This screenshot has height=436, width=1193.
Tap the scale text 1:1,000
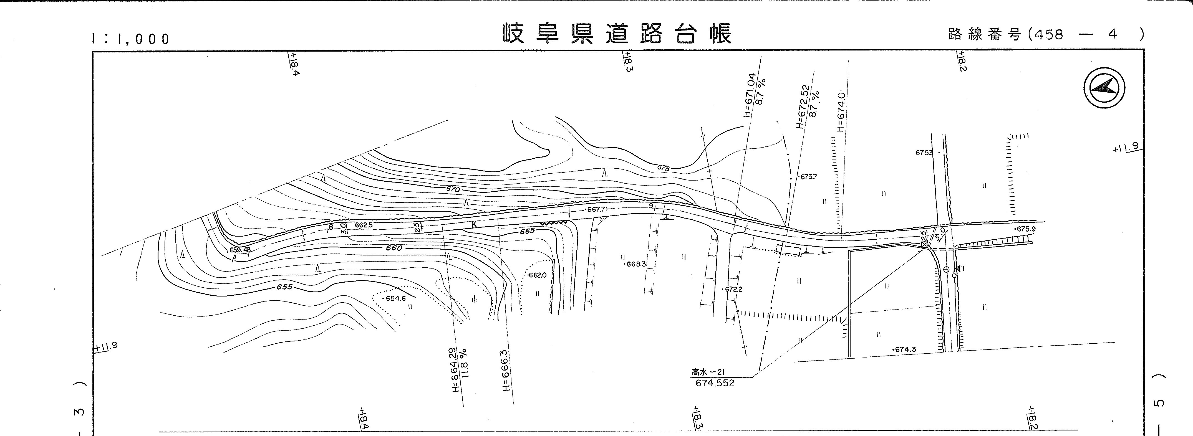[131, 39]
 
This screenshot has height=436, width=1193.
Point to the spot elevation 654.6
[395, 298]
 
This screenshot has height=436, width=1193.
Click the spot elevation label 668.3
[635, 264]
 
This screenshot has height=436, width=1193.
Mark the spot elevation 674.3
[904, 349]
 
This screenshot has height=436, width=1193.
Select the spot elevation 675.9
[1025, 229]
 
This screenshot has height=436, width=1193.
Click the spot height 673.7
[808, 177]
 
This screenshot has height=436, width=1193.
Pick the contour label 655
[284, 287]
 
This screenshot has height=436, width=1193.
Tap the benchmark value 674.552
[715, 383]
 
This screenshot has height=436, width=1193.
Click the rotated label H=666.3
[505, 370]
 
